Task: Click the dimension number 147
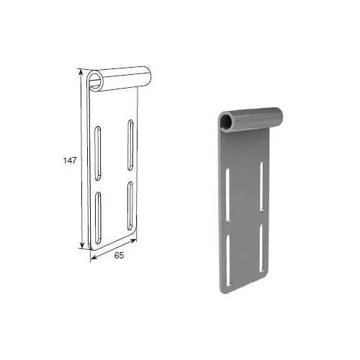pyautogui.click(x=70, y=161)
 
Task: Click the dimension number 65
pyautogui.click(x=119, y=256)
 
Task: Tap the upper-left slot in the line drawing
pyautogui.click(x=97, y=153)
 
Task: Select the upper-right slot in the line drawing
pyautogui.click(x=130, y=145)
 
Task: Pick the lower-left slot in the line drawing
pyautogui.click(x=98, y=218)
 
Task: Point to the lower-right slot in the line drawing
pyautogui.click(x=130, y=207)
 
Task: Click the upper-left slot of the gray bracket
pyautogui.click(x=228, y=195)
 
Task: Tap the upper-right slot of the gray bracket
pyautogui.click(x=261, y=187)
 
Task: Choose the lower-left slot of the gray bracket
pyautogui.click(x=228, y=261)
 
